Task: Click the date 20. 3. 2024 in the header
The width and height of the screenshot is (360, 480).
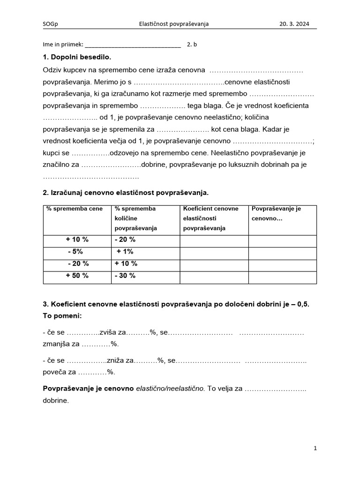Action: [x=294, y=23]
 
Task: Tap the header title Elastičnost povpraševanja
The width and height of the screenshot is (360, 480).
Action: [x=174, y=23]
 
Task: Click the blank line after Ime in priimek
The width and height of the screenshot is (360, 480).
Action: [x=133, y=45]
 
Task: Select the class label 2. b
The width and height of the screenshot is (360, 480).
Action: [x=192, y=45]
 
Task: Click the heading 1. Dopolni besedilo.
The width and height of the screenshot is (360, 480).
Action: [x=77, y=57]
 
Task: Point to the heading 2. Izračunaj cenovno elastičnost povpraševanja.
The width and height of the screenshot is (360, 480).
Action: [x=126, y=193]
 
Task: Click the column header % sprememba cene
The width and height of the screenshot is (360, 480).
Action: [x=68, y=209]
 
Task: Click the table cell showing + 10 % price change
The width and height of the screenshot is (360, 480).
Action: [x=77, y=240]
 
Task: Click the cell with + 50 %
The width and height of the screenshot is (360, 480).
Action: [x=77, y=276]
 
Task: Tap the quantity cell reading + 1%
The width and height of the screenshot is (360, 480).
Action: [x=125, y=252]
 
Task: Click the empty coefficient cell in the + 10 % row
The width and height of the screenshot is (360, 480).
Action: [x=214, y=240]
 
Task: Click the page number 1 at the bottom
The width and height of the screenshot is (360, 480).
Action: [x=315, y=448]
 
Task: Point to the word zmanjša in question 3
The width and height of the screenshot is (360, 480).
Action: [x=56, y=344]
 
